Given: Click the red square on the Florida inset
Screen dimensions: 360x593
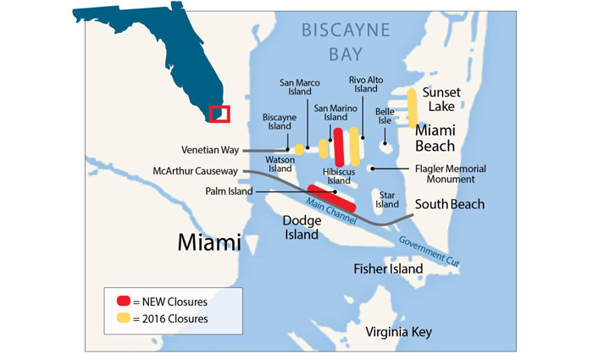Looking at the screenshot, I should (219, 114).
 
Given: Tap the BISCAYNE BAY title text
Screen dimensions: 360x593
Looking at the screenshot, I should (346, 43).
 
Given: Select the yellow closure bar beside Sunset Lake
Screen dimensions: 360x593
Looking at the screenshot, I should (413, 108).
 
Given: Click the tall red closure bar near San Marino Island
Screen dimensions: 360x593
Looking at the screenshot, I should (339, 147).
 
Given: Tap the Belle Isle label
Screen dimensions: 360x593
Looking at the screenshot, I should (385, 116).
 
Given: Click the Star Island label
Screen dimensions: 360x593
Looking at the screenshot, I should (387, 199).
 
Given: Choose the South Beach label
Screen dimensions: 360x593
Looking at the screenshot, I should (449, 204).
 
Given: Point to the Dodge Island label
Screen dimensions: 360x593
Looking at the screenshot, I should (301, 227).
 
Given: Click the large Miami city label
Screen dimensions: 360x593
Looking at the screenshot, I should (208, 243).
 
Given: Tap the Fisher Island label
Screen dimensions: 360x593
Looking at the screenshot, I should (387, 269).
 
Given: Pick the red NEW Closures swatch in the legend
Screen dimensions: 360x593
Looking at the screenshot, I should (124, 301).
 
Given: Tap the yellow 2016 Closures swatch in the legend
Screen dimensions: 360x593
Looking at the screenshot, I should (124, 318).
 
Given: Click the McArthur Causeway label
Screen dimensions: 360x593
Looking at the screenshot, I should (193, 170).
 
